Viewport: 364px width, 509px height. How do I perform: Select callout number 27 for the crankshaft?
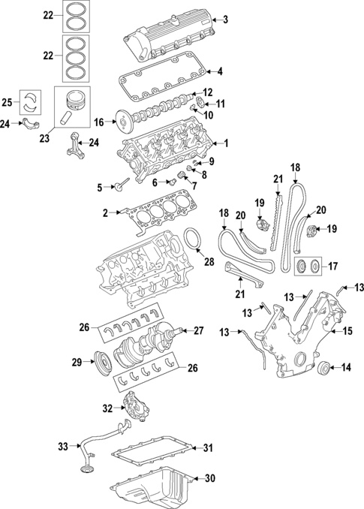click(x=200, y=330)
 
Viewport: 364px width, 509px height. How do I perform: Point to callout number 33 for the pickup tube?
click(x=64, y=447)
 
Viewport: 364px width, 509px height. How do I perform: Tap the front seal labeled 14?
click(x=323, y=367)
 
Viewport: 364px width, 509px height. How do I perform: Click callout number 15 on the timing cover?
click(x=348, y=330)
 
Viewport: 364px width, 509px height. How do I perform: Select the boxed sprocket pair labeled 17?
click(x=307, y=265)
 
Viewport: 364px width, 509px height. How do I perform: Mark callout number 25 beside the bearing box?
click(x=8, y=102)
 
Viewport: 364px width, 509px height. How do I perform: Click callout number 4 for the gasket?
click(x=221, y=71)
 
